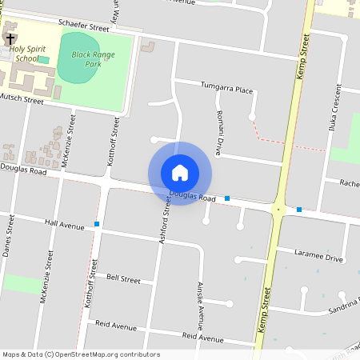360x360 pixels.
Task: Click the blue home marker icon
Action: tap(180, 173)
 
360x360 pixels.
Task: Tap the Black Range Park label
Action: tap(93, 58)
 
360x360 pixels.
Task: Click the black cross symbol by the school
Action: tap(10, 38)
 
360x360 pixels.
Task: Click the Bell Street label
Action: tap(123, 280)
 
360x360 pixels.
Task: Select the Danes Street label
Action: tap(10, 236)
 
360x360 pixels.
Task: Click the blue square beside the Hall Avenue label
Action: tap(97, 225)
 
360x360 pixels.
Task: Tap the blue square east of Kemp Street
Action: tap(299, 210)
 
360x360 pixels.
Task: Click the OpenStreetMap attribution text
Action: tap(80, 354)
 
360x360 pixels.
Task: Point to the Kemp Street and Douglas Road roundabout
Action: tap(278, 210)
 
